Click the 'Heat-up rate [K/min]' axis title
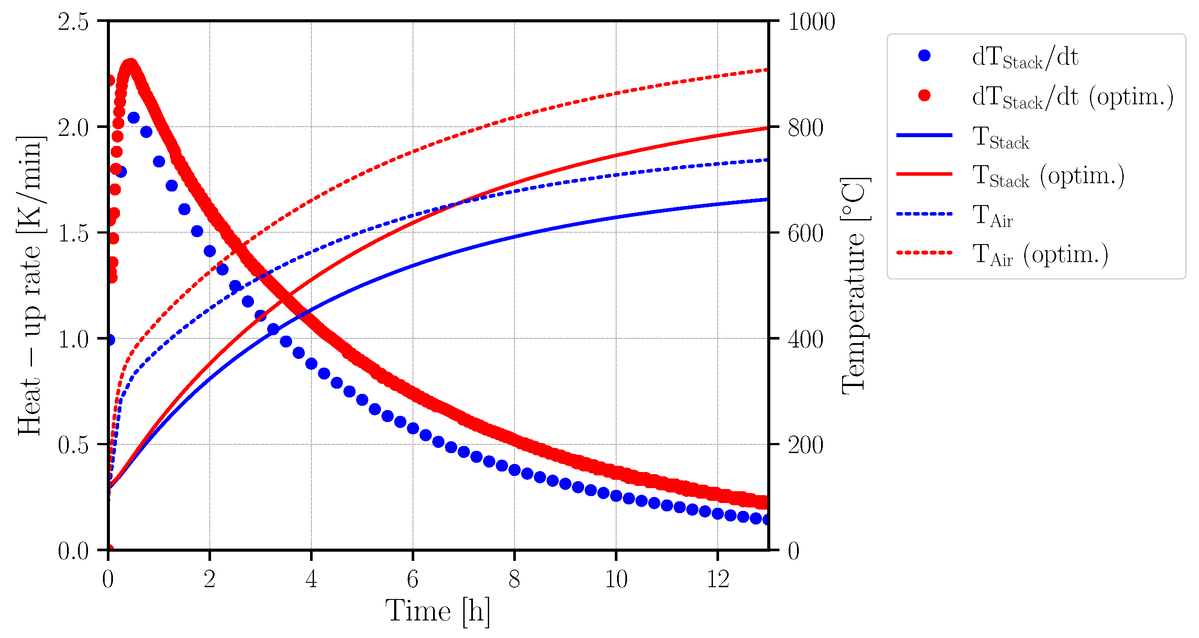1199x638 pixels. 30,285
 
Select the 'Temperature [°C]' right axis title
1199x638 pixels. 854,285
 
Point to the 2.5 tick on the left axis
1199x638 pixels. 73,22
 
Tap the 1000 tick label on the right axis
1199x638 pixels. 811,22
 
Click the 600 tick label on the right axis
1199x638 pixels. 805,233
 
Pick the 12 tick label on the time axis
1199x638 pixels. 718,579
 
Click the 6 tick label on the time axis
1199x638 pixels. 413,579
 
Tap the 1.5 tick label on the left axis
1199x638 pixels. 73,233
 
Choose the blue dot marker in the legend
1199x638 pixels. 924,56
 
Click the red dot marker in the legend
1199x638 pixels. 924,96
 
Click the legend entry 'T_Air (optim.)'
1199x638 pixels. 1040,255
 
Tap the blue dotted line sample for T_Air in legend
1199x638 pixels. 924,214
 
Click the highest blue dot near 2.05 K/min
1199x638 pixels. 134,118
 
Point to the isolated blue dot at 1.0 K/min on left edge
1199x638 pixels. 110,340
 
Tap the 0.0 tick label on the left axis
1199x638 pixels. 73,551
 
